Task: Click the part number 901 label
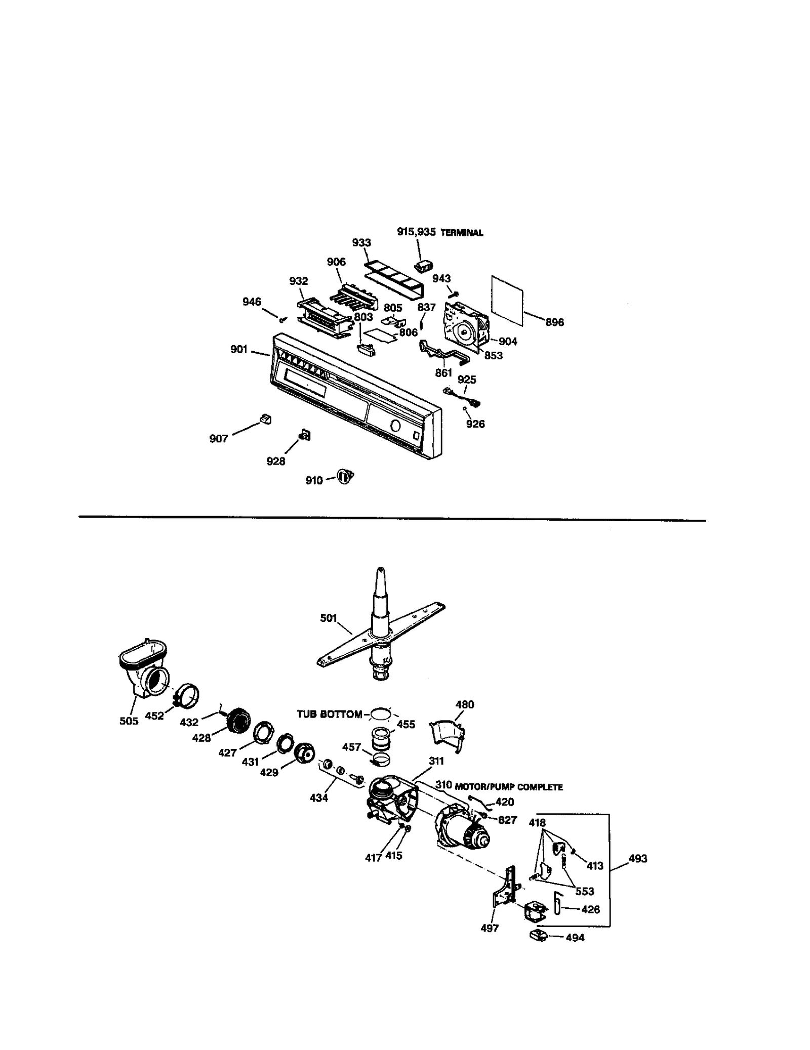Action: (x=238, y=349)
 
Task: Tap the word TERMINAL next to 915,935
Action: (x=462, y=233)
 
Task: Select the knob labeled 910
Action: (x=346, y=477)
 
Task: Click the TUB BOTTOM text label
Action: (x=329, y=715)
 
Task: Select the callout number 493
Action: (x=637, y=859)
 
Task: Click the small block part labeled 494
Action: (x=539, y=936)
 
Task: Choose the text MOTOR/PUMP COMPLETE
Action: (x=509, y=787)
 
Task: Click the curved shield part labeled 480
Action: (x=447, y=736)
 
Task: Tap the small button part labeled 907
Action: (x=265, y=419)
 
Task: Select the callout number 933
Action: (x=361, y=243)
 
